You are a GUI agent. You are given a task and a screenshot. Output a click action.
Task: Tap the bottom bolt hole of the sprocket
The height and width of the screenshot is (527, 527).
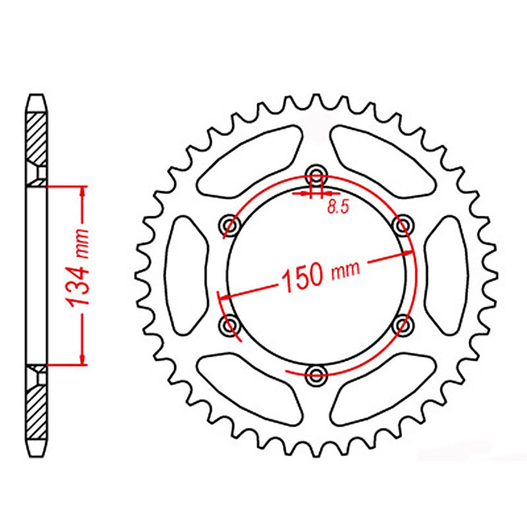(x=316, y=374)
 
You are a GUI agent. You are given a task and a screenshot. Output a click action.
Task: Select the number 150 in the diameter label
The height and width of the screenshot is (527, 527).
(x=302, y=278)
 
